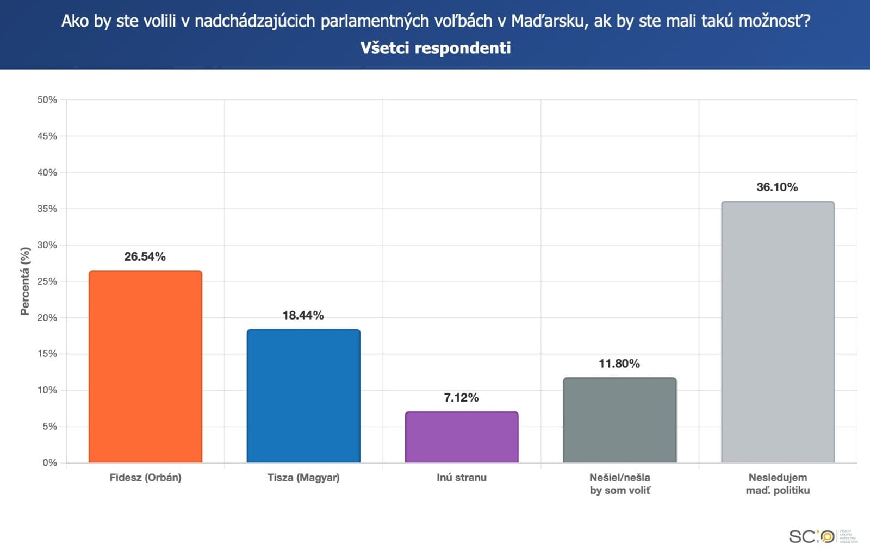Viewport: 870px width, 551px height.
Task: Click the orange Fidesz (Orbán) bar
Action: pyautogui.click(x=145, y=367)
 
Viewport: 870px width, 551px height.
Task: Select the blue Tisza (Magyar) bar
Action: pyautogui.click(x=303, y=396)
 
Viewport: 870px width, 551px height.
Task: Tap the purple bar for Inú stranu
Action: pyautogui.click(x=462, y=437)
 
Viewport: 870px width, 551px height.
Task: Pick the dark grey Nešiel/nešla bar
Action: pyautogui.click(x=620, y=420)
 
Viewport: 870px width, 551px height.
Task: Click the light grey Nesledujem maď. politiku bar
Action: pyautogui.click(x=778, y=332)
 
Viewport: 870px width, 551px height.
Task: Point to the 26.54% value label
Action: pyautogui.click(x=145, y=256)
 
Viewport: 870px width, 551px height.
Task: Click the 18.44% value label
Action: pyautogui.click(x=303, y=315)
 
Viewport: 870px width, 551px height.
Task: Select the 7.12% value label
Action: pyautogui.click(x=461, y=398)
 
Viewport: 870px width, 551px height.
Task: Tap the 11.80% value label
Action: pyautogui.click(x=619, y=364)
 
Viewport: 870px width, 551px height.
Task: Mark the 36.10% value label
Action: pyautogui.click(x=777, y=187)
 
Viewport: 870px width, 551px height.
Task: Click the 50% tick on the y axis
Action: pyautogui.click(x=47, y=100)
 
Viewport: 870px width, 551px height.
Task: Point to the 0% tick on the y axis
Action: pyautogui.click(x=49, y=462)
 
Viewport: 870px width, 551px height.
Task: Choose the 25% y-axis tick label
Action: pyautogui.click(x=47, y=281)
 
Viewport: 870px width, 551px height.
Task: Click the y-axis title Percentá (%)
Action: pyautogui.click(x=25, y=281)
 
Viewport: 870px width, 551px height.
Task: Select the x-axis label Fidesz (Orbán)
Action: pyautogui.click(x=145, y=478)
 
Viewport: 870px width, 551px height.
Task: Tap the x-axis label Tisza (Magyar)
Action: pyautogui.click(x=303, y=478)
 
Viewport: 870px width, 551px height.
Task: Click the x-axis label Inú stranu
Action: pyautogui.click(x=462, y=478)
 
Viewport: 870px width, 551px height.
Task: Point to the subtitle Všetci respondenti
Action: pyautogui.click(x=436, y=48)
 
